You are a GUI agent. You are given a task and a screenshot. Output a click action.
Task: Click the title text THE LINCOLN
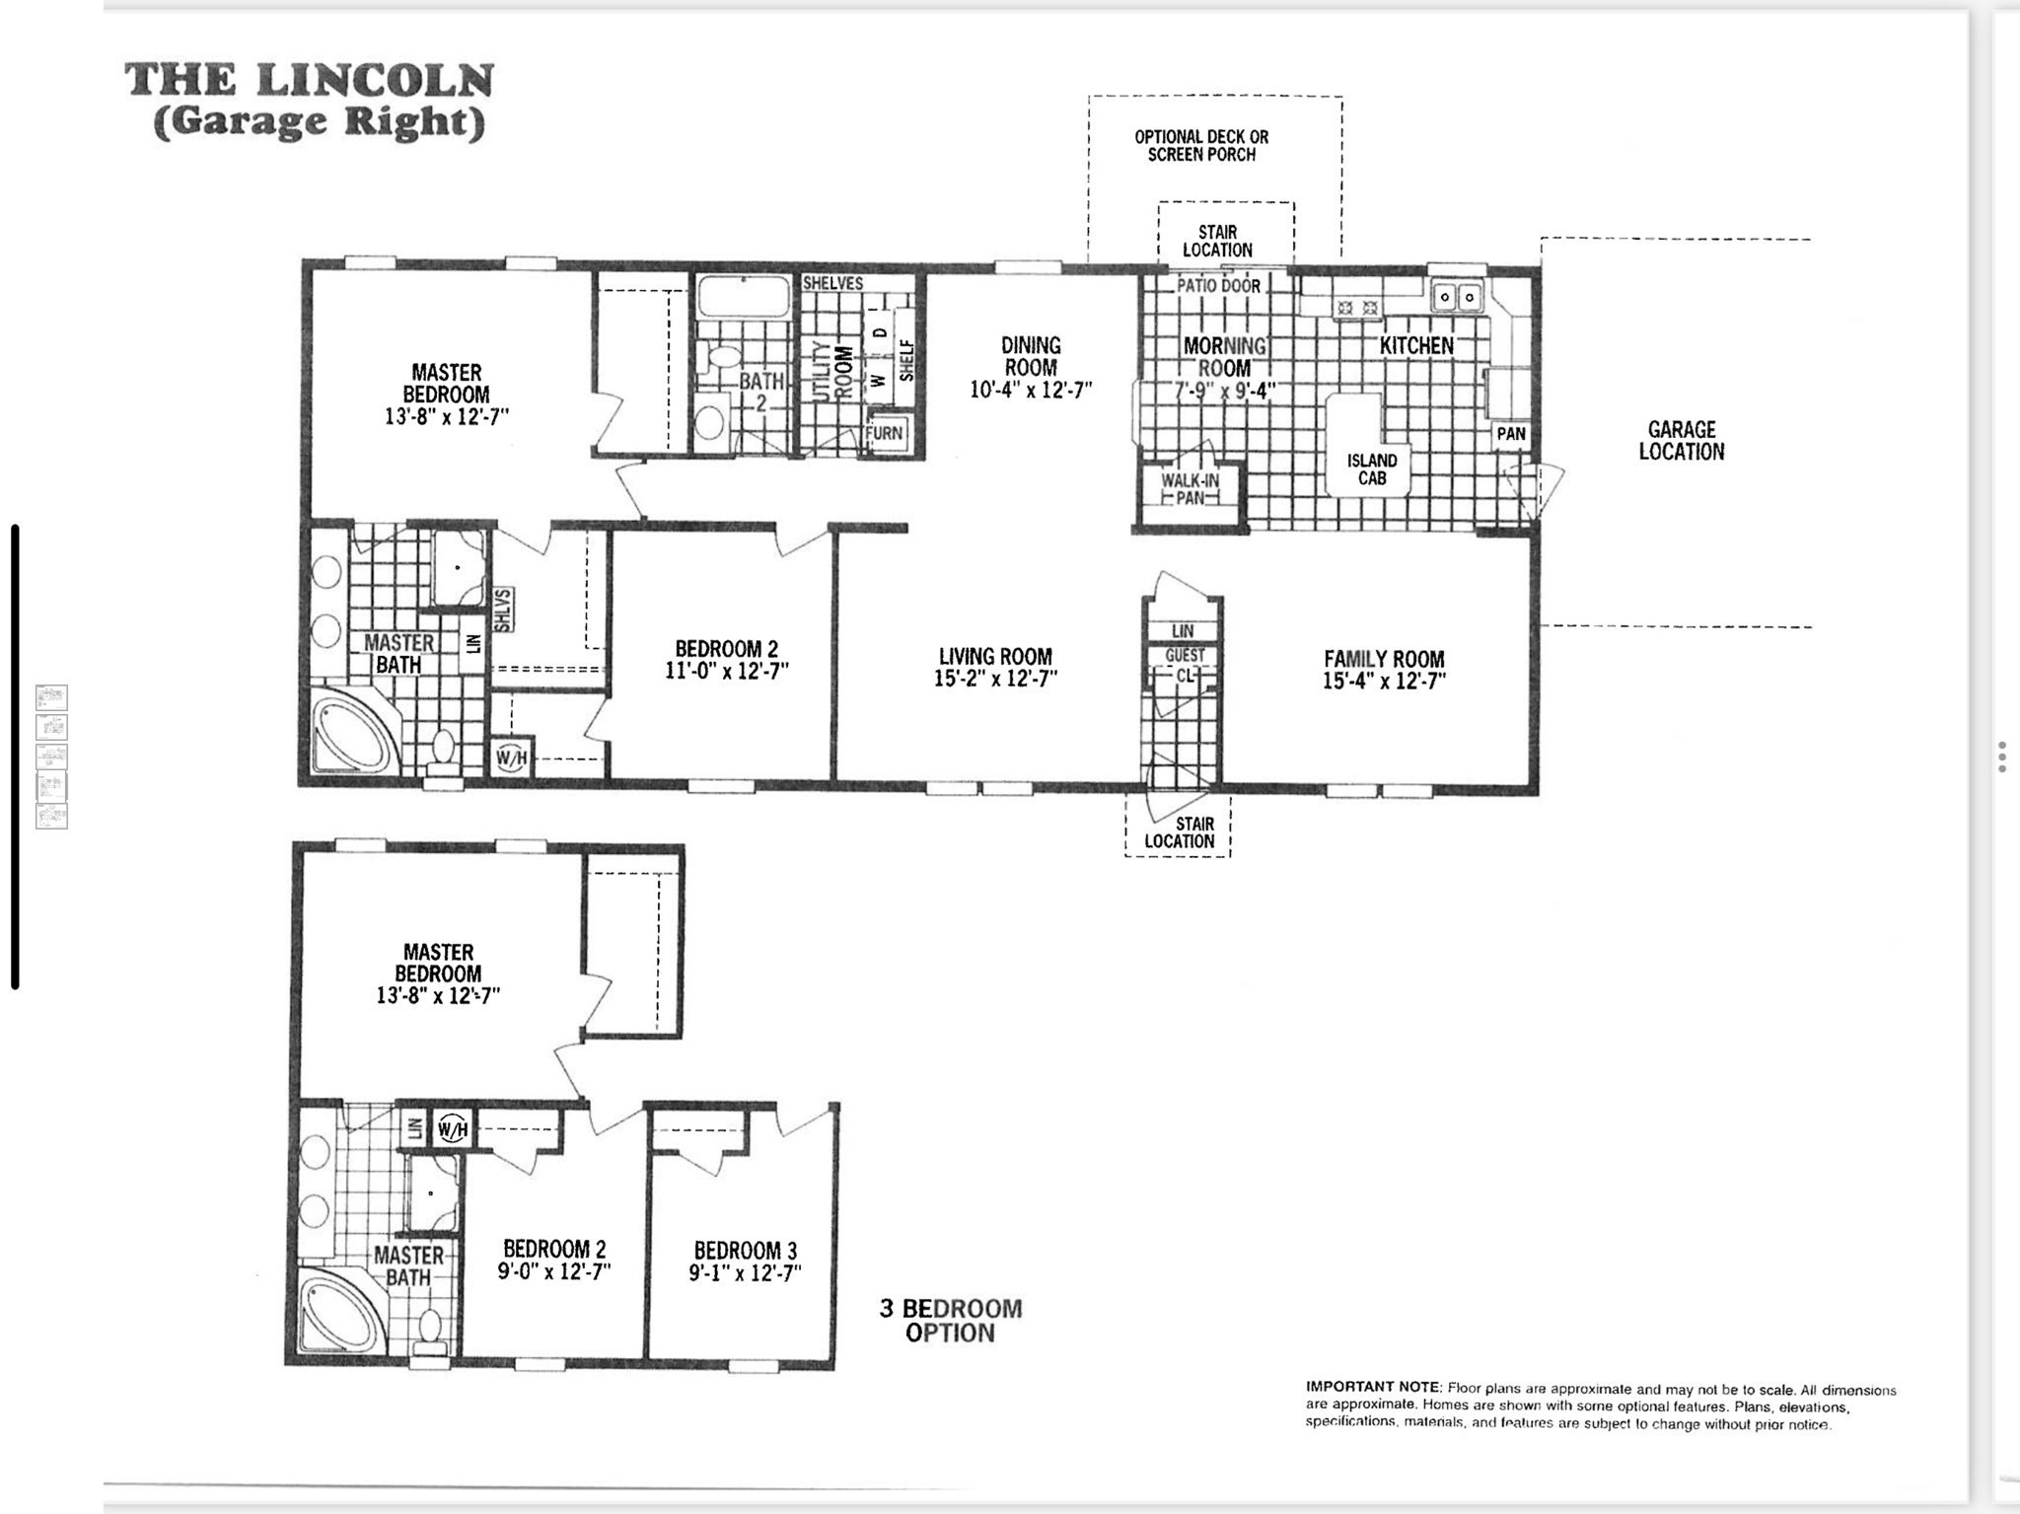pos(309,81)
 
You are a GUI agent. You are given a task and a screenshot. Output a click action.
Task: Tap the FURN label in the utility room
pos(884,433)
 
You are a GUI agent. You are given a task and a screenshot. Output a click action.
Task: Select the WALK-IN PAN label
pos(1190,489)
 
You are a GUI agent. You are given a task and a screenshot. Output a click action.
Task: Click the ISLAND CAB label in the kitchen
pos(1372,469)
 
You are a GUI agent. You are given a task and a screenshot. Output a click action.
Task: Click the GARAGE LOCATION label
pos(1681,441)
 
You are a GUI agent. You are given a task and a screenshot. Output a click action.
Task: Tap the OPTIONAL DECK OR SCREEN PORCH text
pos(1200,146)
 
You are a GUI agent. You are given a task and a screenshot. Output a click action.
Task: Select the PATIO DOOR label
pos(1218,286)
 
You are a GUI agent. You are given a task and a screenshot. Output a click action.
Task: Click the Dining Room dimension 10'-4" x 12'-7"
pos(1031,391)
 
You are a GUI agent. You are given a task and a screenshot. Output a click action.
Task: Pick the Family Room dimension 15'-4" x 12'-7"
pos(1384,682)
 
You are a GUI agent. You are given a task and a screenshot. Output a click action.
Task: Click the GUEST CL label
pos(1185,665)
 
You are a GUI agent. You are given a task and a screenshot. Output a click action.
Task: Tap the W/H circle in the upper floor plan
pos(512,757)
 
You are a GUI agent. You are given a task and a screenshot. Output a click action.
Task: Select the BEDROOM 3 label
pos(745,1251)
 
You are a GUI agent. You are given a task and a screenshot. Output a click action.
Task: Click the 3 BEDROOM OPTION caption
pos(950,1321)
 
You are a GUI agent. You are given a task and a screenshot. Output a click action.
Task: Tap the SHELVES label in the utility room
pos(832,283)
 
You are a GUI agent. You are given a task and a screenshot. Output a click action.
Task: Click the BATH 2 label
pos(761,392)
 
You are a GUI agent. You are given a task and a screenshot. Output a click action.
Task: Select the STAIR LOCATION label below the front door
pos(1179,832)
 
